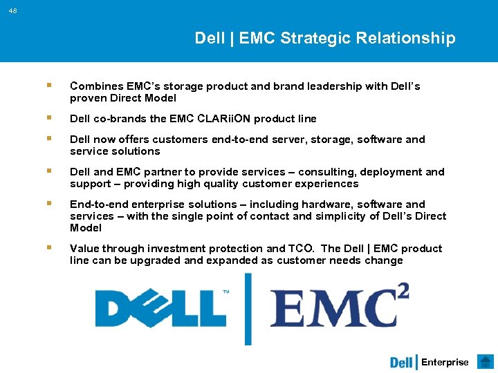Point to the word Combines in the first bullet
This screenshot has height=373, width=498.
96,86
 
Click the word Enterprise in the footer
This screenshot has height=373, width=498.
445,362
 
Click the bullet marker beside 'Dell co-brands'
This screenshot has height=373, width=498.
48,118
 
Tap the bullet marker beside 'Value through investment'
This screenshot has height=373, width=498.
48,248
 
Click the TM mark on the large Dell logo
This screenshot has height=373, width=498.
225,292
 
